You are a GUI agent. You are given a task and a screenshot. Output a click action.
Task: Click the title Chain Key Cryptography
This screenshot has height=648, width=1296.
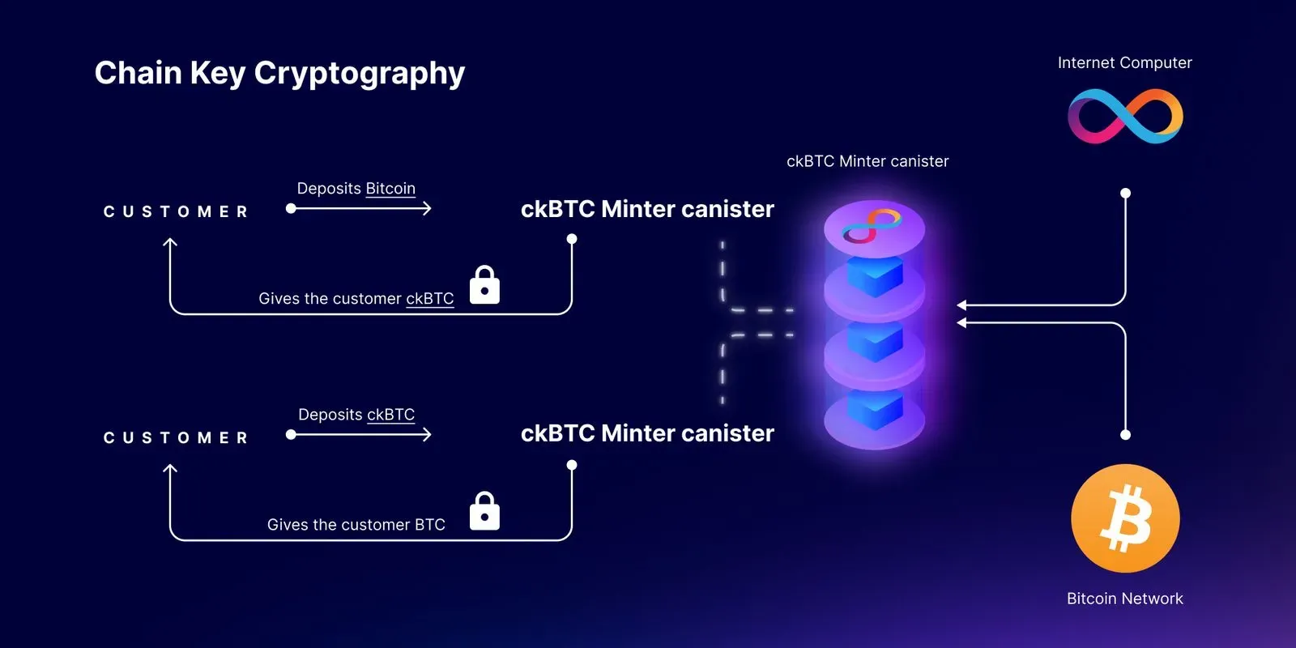279,73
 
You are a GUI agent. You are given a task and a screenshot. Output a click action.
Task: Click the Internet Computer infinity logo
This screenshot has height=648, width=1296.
1125,116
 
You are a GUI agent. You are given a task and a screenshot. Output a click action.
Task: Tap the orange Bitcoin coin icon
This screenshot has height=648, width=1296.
1125,518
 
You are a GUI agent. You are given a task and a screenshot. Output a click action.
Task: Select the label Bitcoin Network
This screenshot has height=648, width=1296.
1124,599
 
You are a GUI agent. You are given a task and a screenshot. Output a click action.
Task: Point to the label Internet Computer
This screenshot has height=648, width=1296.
1124,63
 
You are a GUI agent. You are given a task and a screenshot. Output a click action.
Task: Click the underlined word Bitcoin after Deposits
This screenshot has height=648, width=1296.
390,189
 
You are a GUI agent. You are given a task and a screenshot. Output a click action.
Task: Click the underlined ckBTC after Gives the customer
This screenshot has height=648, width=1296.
429,299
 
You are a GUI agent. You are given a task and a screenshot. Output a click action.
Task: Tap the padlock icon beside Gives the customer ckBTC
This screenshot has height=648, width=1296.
484,285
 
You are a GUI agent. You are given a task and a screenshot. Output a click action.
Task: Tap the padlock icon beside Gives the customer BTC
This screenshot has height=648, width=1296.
484,511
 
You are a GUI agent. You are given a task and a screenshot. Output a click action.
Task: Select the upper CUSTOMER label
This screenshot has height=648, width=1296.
176,212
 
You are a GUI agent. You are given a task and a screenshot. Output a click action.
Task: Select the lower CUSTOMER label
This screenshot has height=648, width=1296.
176,438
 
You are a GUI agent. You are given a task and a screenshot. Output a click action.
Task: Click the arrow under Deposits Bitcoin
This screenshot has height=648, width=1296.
360,209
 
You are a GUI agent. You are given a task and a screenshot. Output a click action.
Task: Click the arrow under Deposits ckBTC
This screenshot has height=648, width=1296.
360,435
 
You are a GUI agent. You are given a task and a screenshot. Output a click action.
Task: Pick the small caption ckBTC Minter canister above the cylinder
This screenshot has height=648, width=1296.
868,161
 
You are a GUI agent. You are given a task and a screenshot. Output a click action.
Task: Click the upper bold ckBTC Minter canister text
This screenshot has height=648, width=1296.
647,209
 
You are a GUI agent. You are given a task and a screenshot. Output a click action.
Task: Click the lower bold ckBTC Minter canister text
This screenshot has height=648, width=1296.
647,433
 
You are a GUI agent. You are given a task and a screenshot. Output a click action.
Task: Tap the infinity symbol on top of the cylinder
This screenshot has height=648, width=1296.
872,226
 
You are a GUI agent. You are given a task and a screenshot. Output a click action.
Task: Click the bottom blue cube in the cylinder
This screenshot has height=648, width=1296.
875,409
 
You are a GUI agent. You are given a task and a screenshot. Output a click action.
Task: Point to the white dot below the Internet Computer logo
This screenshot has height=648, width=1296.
1125,194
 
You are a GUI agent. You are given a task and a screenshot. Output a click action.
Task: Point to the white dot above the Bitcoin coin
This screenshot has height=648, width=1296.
1125,435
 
